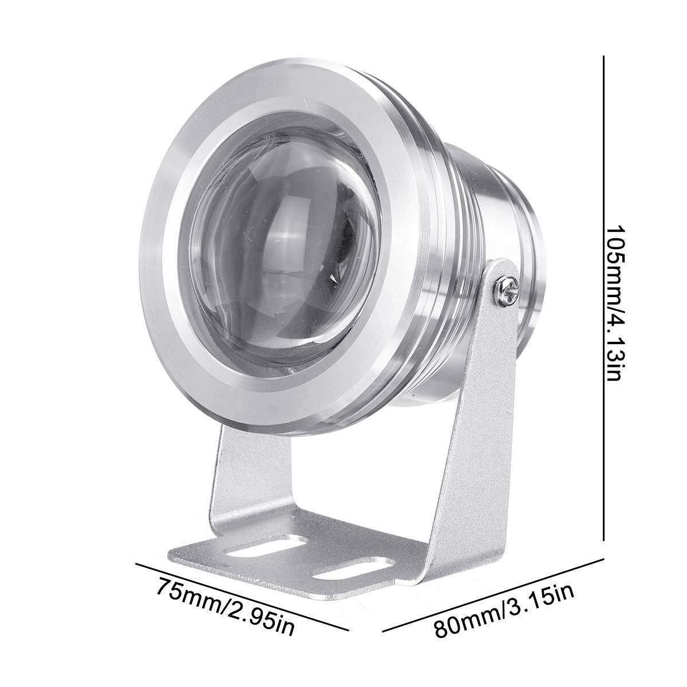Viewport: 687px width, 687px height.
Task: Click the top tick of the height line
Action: click(x=603, y=56)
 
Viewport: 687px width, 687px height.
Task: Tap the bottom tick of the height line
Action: click(x=603, y=539)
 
